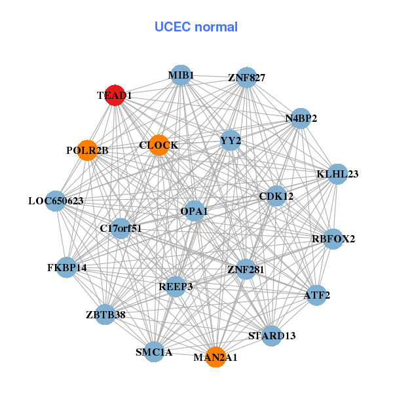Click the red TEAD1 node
point(115,95)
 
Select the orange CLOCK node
point(159,145)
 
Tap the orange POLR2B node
point(87,151)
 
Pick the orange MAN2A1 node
point(215,357)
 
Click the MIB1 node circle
point(181,75)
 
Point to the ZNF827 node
point(246,77)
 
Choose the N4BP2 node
point(301,119)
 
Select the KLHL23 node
point(337,174)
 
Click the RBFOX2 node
point(333,238)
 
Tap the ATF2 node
point(317,295)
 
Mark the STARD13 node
point(272,336)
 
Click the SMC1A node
point(154,352)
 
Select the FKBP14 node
point(67,267)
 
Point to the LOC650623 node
point(56,200)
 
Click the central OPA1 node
point(194,211)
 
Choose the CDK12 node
point(276,196)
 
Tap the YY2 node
point(231,140)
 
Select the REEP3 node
point(176,286)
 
